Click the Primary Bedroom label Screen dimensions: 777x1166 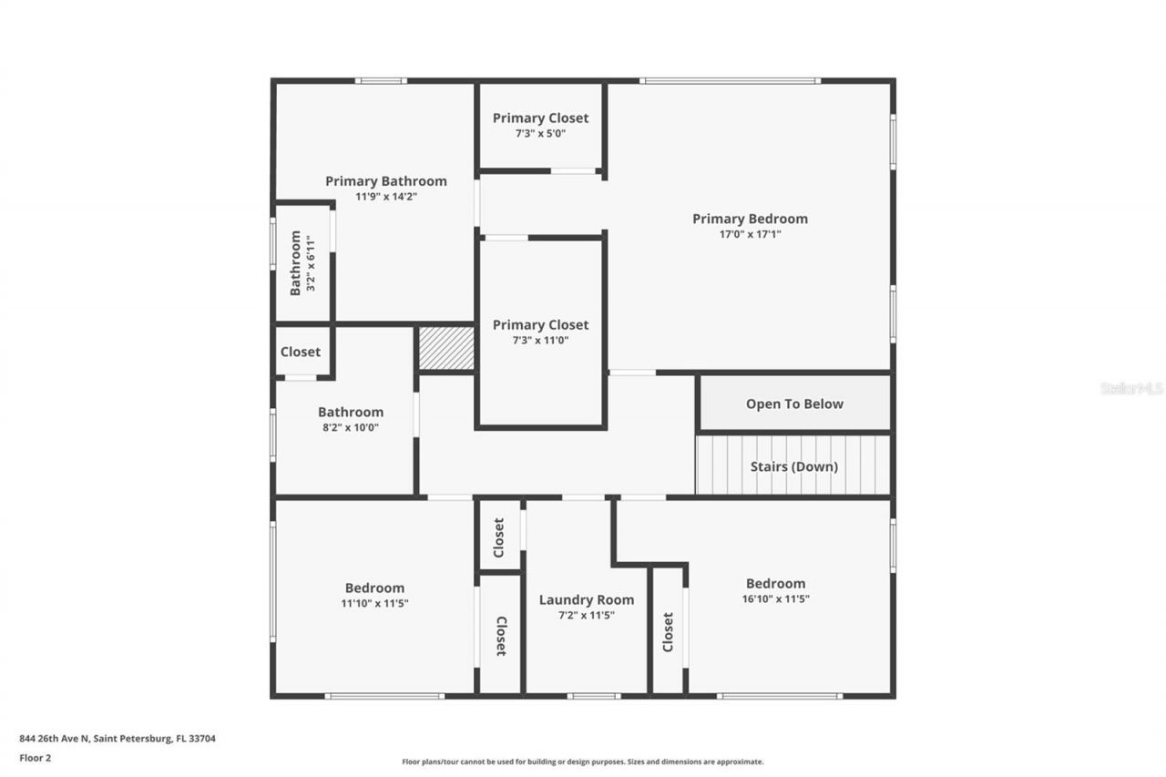click(x=750, y=219)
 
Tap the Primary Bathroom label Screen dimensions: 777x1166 click(x=385, y=181)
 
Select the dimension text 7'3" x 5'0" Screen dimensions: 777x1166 click(x=540, y=134)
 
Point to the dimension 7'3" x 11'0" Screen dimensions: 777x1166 click(x=540, y=341)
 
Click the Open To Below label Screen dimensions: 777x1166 click(x=794, y=404)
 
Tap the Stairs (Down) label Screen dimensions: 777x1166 click(x=793, y=466)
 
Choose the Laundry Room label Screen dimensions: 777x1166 click(x=587, y=599)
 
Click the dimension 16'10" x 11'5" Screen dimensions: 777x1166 click(x=775, y=599)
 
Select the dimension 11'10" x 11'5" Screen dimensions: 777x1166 click(x=374, y=603)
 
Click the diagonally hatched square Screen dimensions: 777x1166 click(x=446, y=348)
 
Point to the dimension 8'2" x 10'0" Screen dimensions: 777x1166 click(x=351, y=428)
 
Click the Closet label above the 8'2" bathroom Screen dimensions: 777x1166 click(x=301, y=352)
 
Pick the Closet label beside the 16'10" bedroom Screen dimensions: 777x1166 click(x=668, y=631)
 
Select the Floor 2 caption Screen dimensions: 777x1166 click(x=36, y=757)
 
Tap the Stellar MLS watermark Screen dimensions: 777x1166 click(x=1131, y=388)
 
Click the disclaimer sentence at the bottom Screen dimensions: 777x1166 click(x=583, y=762)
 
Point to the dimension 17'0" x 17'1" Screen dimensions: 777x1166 click(x=750, y=234)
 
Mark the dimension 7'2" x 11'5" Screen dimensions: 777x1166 click(x=587, y=615)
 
